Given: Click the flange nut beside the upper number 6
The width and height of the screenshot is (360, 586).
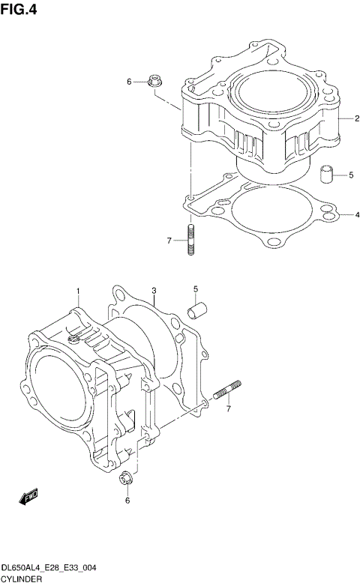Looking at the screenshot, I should [156, 82].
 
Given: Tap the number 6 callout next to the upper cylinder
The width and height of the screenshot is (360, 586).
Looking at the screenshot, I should [128, 82].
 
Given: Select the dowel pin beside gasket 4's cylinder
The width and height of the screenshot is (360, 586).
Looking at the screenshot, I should [326, 175].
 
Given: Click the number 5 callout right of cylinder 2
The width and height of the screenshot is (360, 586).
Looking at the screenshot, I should [350, 176].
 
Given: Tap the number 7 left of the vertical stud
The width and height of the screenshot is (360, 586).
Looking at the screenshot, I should [169, 241].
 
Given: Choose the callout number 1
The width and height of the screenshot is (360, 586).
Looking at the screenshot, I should [76, 290].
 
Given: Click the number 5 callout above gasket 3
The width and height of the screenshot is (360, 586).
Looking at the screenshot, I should [195, 289].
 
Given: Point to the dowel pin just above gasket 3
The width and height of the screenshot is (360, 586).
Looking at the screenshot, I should [197, 308].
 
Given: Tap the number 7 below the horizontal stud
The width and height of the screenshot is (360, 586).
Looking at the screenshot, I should [229, 409].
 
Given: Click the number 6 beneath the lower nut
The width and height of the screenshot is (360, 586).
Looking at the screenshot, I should [127, 500].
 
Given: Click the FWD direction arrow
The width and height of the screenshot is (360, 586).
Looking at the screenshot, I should [28, 496].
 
